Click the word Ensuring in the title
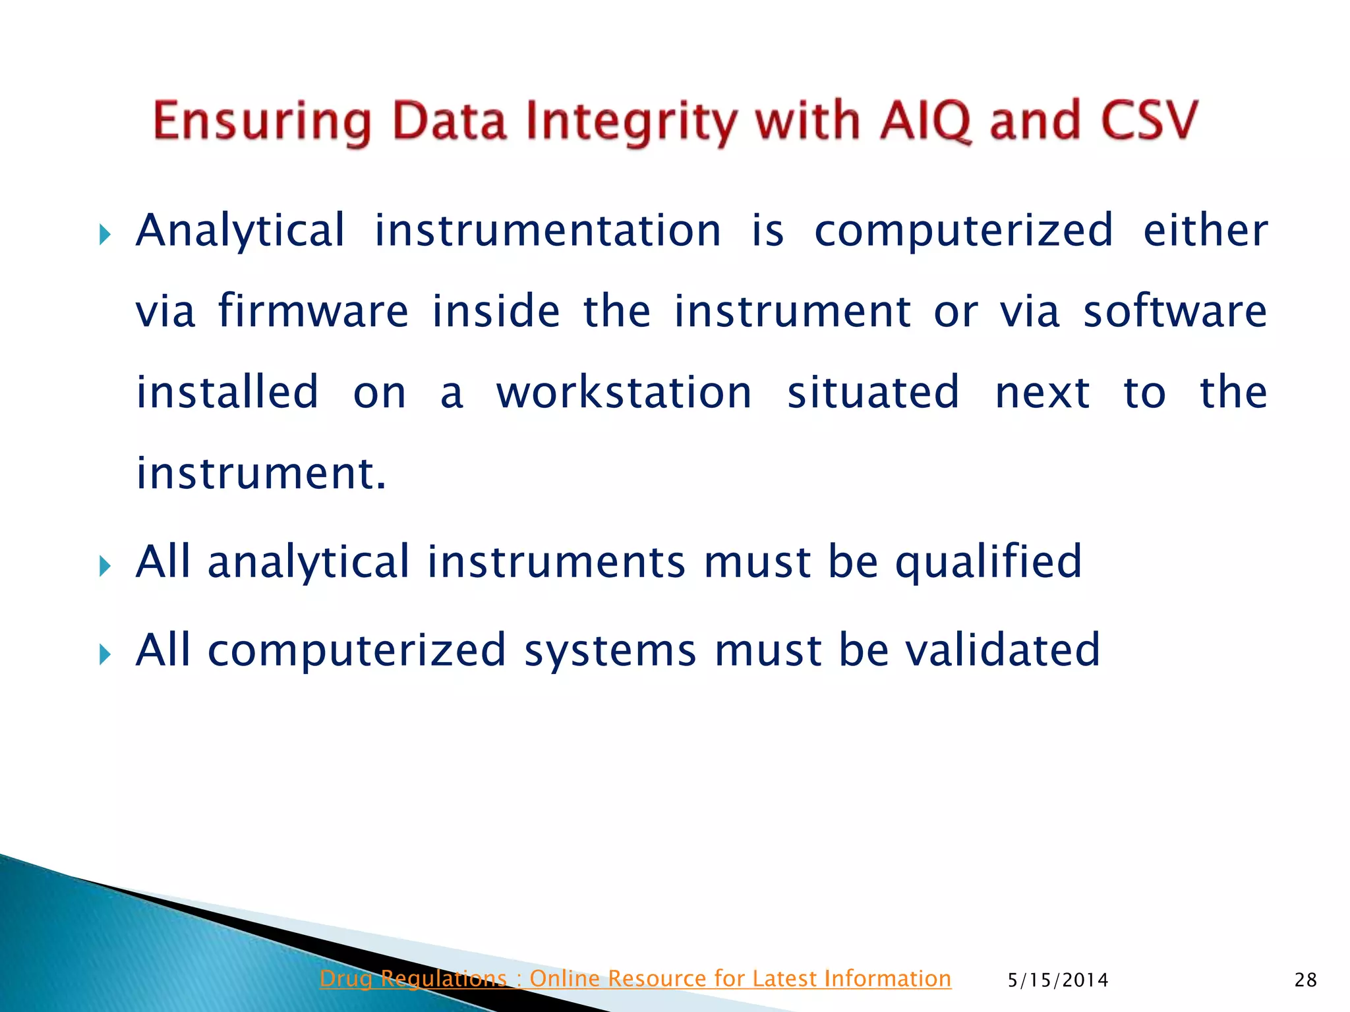(262, 122)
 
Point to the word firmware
(313, 311)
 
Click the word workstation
(624, 393)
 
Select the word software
(1175, 311)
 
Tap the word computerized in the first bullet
(964, 231)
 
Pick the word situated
(873, 393)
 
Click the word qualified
(988, 562)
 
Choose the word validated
(1002, 650)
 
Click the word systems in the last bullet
(610, 651)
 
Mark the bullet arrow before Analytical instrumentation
(105, 234)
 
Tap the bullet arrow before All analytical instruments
(105, 565)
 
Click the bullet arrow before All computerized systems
(105, 654)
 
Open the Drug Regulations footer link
(635, 978)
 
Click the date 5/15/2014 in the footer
(1058, 980)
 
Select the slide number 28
(1305, 980)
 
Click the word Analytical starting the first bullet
(241, 232)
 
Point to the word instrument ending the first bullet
(260, 474)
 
